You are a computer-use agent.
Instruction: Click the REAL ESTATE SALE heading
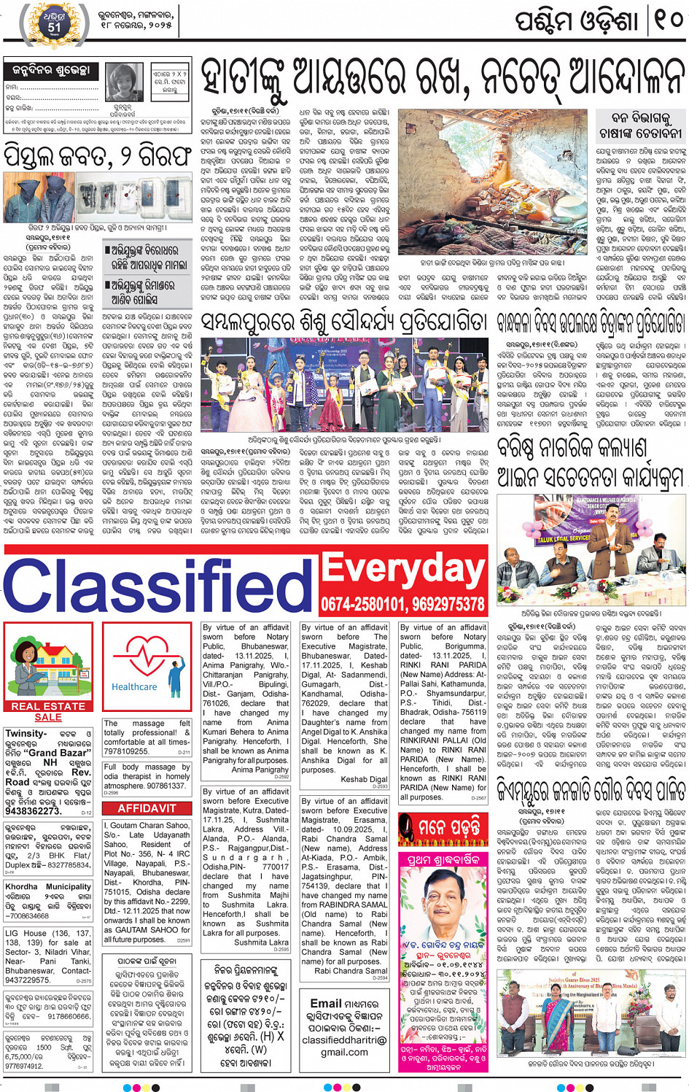[x=48, y=711]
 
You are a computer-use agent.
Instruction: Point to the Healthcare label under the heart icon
[x=134, y=686]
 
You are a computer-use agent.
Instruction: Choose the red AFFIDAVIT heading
[x=147, y=808]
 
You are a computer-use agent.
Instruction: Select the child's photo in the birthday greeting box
[x=124, y=82]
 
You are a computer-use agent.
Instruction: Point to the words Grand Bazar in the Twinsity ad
[x=60, y=753]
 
